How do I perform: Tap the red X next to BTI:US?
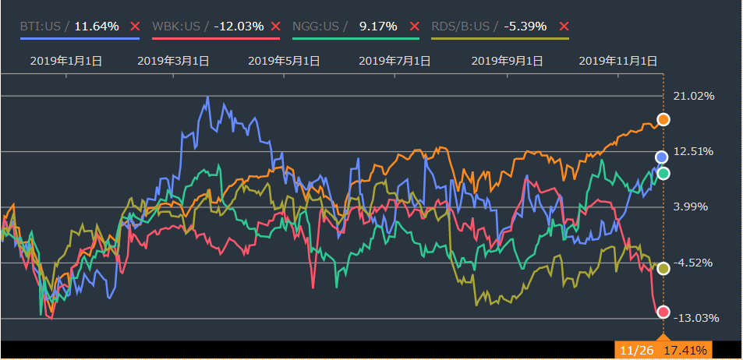click(x=135, y=26)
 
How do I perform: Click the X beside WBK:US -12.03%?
click(x=275, y=26)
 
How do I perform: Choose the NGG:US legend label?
click(x=315, y=26)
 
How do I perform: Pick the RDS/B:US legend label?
click(x=460, y=26)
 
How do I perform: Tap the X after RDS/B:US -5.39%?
click(x=564, y=26)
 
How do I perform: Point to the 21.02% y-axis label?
click(x=693, y=96)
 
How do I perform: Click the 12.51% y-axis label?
click(x=693, y=151)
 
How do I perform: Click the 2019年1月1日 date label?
click(x=65, y=60)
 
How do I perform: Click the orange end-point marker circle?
click(x=663, y=119)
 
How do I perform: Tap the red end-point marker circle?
click(x=663, y=312)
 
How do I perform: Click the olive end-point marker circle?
click(x=663, y=268)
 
